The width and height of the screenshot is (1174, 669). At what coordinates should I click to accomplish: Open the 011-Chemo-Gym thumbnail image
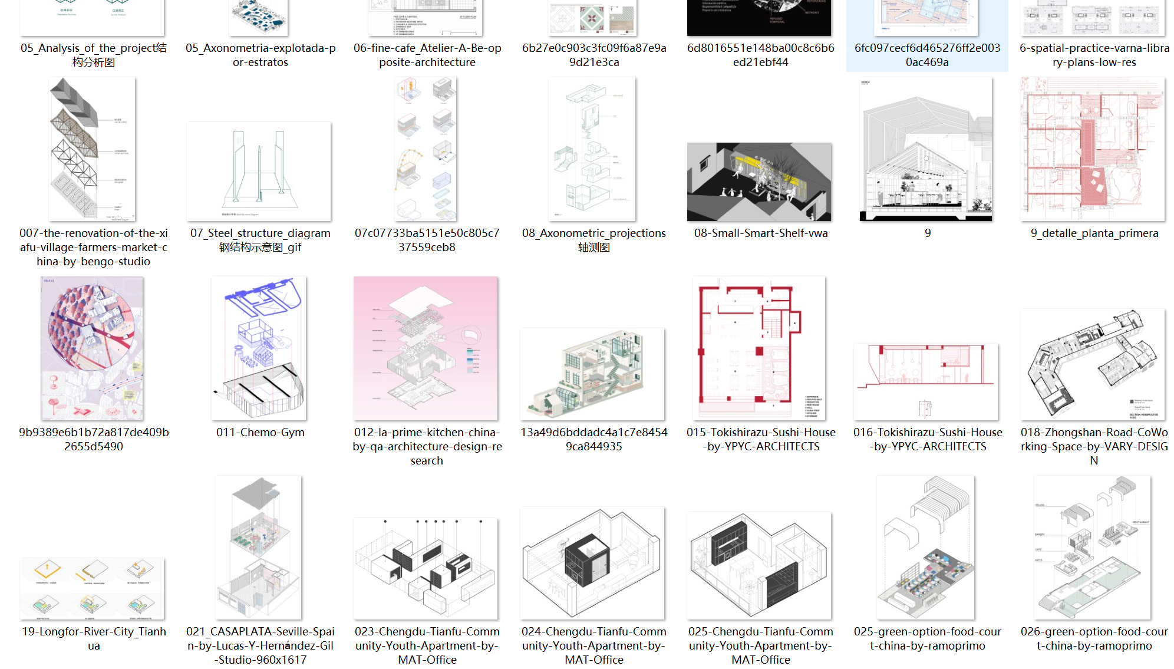pos(259,348)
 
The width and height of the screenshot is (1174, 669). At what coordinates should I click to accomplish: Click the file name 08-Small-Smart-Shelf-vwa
pos(760,233)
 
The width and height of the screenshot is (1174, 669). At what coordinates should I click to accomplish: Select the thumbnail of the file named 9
pos(926,149)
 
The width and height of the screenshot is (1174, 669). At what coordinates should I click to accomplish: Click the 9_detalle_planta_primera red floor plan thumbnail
pos(1093,149)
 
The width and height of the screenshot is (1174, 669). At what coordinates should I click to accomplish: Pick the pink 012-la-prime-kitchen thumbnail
pos(426,348)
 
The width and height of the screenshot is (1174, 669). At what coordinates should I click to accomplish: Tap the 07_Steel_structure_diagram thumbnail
pos(259,171)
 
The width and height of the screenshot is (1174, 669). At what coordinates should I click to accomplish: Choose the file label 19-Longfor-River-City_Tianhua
pos(94,638)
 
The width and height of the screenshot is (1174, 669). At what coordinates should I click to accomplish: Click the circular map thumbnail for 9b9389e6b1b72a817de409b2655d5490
pos(93,348)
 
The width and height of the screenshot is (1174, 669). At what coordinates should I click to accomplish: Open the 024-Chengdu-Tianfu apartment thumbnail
pos(593,563)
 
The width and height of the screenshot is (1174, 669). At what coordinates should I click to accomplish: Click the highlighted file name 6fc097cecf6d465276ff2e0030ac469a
pos(927,55)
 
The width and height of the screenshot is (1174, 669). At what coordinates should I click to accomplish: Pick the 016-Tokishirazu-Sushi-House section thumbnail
pos(926,381)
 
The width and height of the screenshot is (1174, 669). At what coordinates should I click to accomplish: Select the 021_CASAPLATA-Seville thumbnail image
pos(259,547)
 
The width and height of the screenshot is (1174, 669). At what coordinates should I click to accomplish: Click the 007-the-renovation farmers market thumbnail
pos(93,149)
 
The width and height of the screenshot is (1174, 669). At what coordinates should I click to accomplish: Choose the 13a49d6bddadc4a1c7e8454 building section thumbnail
pos(592,374)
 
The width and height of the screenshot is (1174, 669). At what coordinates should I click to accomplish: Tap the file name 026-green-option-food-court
pos(1094,638)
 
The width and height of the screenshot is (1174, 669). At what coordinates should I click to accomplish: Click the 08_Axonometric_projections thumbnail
pos(592,149)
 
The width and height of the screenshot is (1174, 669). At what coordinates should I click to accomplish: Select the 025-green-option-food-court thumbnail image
pos(926,547)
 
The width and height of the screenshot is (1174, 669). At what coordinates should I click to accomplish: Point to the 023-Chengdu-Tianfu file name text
pos(427,645)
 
